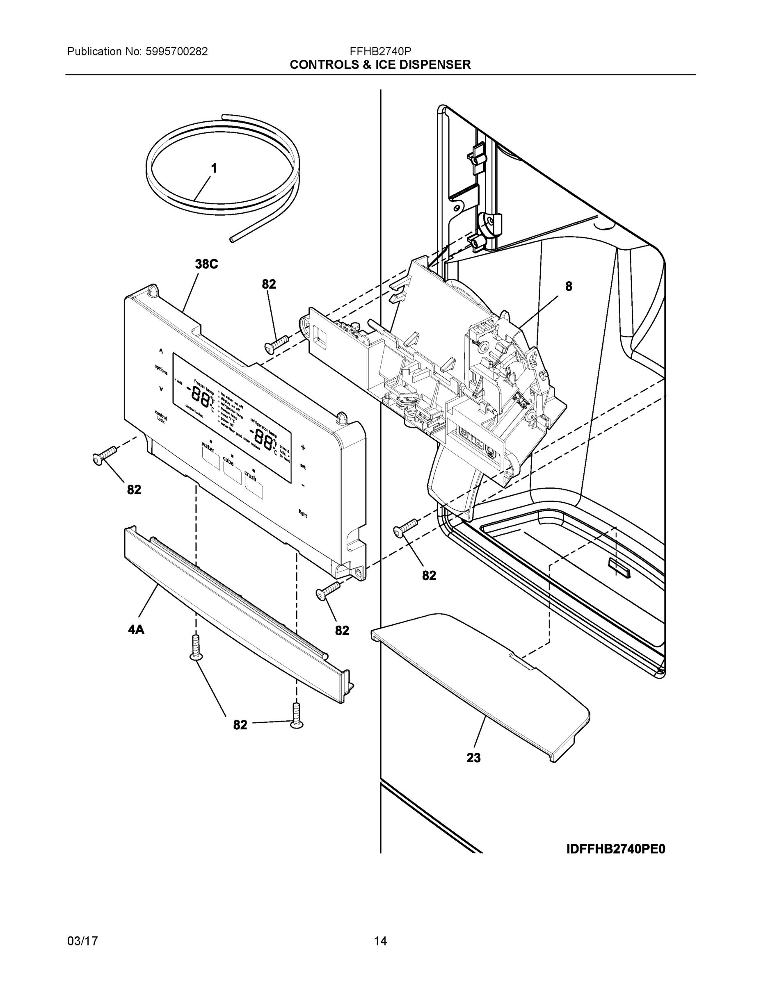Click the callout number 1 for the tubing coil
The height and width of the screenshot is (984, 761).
214,169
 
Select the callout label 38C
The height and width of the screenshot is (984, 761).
206,264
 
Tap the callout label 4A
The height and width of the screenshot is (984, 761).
136,629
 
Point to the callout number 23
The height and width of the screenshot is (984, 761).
473,758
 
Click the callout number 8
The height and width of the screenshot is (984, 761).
569,286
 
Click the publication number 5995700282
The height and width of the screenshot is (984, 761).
177,51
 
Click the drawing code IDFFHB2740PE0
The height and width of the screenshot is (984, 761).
615,849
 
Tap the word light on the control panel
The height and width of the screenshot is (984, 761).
302,513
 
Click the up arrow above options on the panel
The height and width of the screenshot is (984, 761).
161,351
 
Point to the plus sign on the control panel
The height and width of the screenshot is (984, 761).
303,447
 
